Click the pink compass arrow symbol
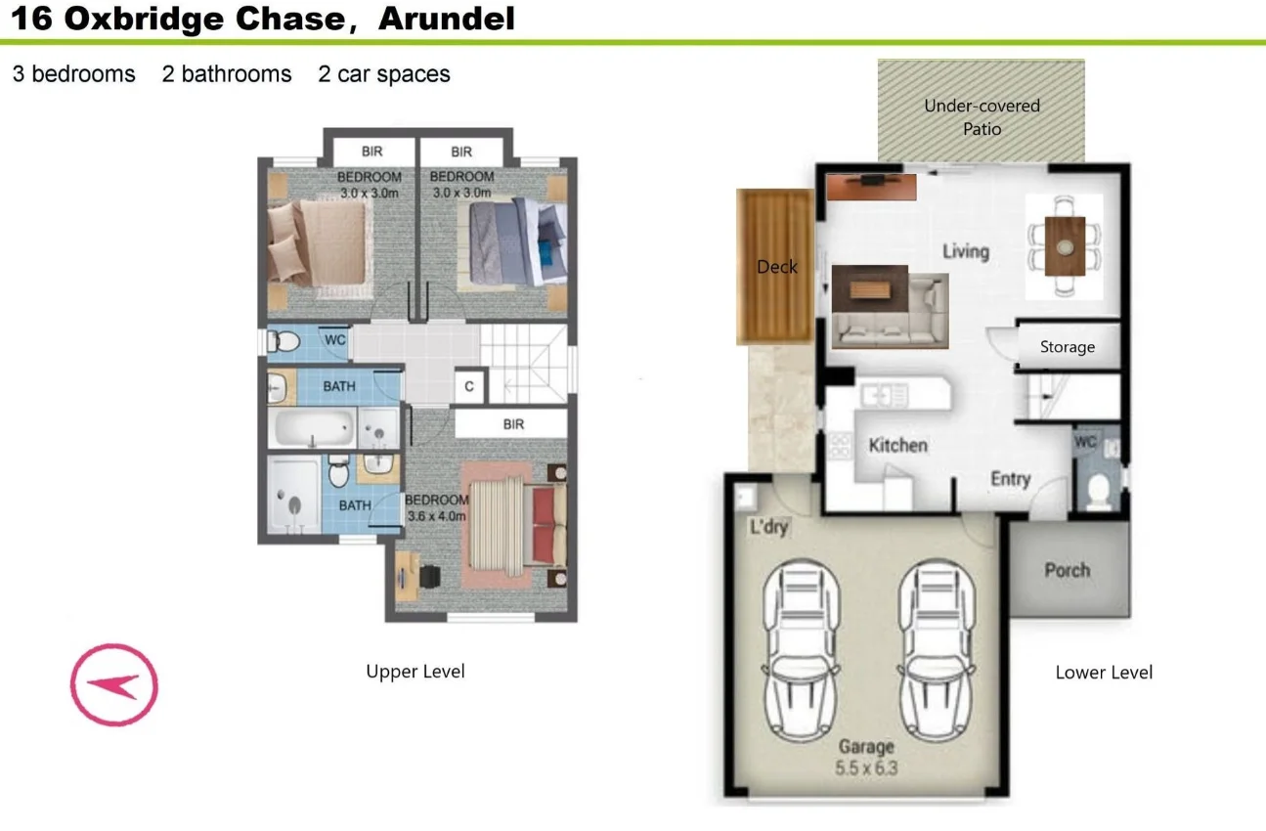(114, 684)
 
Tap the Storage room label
(1068, 346)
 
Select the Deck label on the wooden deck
(776, 267)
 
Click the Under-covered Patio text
(982, 117)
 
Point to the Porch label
(1068, 570)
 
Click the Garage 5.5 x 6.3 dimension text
(866, 768)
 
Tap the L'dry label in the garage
(768, 526)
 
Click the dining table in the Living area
(1065, 246)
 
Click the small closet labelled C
(469, 386)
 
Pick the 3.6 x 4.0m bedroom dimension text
(437, 516)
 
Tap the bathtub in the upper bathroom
(312, 428)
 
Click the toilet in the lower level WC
(1098, 491)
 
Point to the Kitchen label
(897, 446)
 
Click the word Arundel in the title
(447, 19)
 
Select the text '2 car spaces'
(384, 74)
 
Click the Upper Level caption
(415, 671)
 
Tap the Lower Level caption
(1104, 673)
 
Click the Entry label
(1011, 479)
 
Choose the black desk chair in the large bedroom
(429, 577)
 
